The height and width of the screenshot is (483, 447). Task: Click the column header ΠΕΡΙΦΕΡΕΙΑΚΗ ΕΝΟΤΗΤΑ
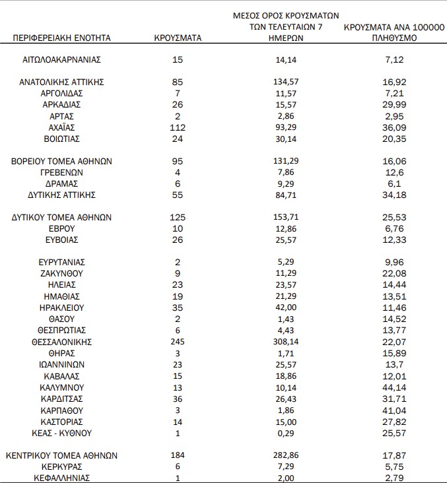coord(62,38)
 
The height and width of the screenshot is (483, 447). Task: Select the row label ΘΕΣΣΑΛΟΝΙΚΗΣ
coord(62,342)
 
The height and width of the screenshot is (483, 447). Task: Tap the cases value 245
coord(178,342)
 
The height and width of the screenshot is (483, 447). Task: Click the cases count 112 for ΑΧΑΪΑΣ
coord(178,127)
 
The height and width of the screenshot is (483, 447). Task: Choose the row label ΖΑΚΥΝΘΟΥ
coord(62,273)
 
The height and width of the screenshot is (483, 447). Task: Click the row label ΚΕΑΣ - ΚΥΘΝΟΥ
coord(62,433)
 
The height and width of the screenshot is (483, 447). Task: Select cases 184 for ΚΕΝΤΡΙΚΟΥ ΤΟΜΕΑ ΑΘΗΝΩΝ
coord(178,455)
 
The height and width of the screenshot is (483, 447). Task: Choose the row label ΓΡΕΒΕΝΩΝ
coord(62,173)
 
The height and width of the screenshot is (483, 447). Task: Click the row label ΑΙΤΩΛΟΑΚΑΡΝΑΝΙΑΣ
coord(62,59)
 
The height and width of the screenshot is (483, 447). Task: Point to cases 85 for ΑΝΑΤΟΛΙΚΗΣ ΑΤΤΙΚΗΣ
coord(178,82)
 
